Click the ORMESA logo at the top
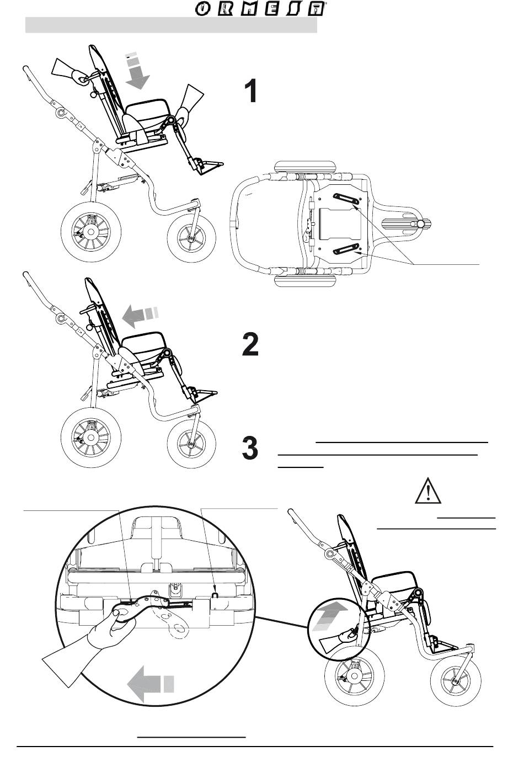tap(260, 9)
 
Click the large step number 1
tap(251, 91)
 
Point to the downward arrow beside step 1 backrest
tap(136, 72)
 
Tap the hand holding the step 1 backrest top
tap(67, 71)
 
